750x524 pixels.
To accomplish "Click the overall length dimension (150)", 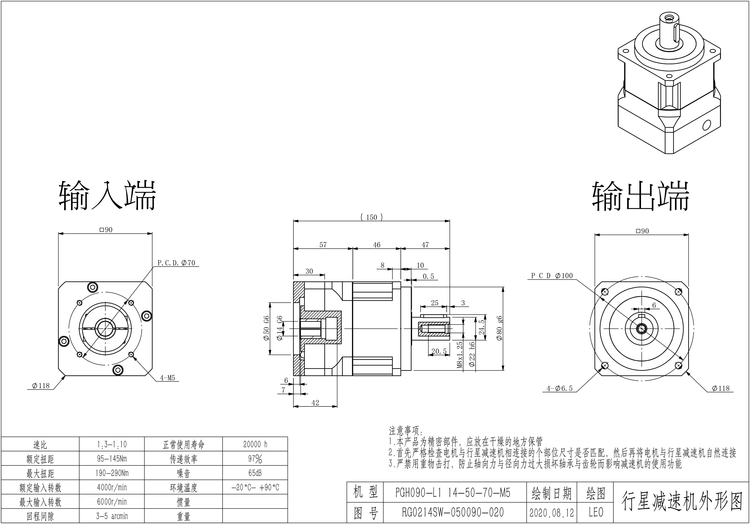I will (371, 217).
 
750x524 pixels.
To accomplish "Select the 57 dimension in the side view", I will (323, 245).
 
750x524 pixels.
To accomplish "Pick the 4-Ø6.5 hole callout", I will (560, 388).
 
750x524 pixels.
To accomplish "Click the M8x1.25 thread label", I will (460, 355).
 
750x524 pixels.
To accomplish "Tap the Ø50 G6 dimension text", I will (266, 328).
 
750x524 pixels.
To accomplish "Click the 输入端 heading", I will (107, 196).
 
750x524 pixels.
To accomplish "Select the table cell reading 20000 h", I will (255, 444).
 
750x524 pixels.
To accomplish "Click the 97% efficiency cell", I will (255, 459).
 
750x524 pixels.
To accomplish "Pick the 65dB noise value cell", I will (255, 473).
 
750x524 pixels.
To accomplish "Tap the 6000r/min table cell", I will (112, 502).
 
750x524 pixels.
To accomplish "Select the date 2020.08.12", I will (551, 513).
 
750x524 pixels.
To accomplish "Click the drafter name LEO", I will (596, 512).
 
